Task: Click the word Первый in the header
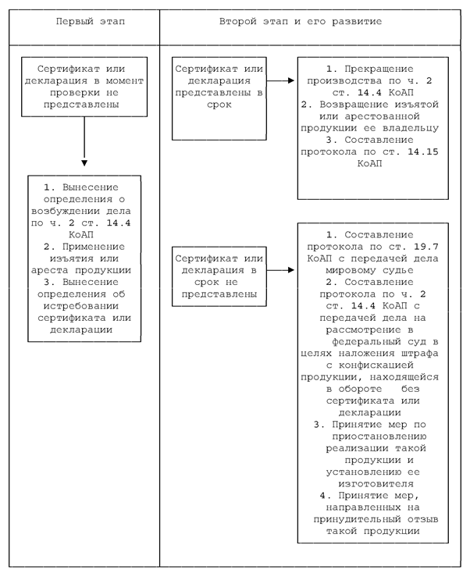(x=75, y=22)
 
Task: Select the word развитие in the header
(x=357, y=22)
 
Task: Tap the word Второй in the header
(x=238, y=22)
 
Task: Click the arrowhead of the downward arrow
(x=84, y=163)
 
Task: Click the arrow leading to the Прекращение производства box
(x=280, y=80)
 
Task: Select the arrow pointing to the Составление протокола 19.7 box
(x=280, y=270)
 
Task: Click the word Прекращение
(x=379, y=69)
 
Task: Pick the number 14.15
(x=423, y=151)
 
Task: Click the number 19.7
(x=425, y=247)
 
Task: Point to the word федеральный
(x=366, y=341)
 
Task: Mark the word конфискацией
(x=376, y=365)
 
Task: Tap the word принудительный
(x=357, y=519)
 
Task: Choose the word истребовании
(x=81, y=306)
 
